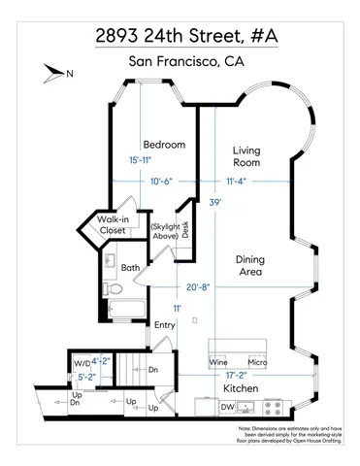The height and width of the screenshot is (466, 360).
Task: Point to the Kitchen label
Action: [241, 387]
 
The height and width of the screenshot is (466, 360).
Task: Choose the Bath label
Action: [131, 267]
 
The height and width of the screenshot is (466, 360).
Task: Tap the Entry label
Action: [165, 324]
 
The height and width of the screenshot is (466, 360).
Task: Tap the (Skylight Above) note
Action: [162, 230]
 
